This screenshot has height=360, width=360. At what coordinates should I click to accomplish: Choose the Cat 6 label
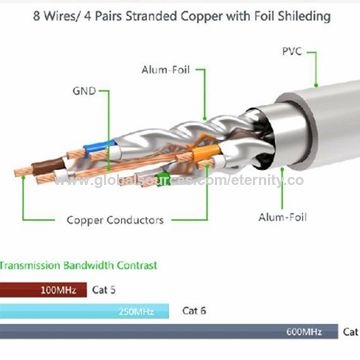(194, 311)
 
